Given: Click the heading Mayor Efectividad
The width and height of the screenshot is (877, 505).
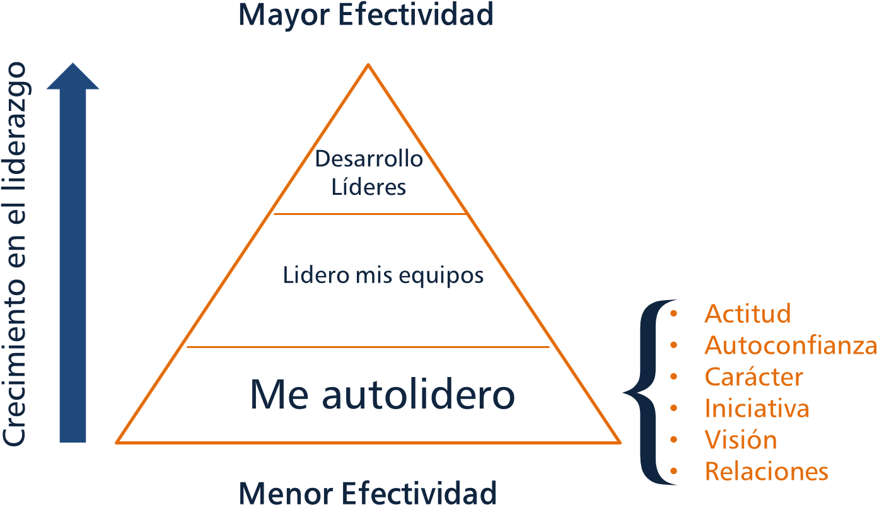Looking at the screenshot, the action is coord(365,15).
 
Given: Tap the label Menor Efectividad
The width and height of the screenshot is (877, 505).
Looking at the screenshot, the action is coord(368,492).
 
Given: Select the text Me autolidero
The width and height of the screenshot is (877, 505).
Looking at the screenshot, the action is coord(382,395).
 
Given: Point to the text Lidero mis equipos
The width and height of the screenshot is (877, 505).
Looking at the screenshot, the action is coord(383,276).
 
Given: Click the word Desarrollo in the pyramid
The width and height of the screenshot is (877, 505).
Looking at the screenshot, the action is coord(369,159).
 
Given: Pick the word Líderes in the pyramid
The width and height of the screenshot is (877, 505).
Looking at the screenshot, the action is coord(369,187).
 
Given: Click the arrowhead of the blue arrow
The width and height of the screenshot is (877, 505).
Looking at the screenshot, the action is coord(73,77).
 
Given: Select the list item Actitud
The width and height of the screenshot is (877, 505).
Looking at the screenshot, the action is coord(747,313).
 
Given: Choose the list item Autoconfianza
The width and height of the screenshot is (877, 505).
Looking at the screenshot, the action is coord(790,345).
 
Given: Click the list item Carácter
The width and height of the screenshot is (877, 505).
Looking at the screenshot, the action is coord(753,376).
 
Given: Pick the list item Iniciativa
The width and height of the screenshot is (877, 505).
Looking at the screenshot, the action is coord(757,408).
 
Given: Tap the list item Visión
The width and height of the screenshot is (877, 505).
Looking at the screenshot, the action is coord(740,439).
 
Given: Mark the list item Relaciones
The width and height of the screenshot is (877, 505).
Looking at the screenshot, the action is coord(766,471).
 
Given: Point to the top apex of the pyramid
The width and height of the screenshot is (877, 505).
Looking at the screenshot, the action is coord(368,66).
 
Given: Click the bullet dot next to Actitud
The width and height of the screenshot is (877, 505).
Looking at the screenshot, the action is coord(674,313).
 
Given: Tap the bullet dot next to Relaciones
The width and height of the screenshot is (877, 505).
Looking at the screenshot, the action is coord(674,471).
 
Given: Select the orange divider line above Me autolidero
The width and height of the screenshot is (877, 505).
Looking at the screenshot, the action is coord(368,347).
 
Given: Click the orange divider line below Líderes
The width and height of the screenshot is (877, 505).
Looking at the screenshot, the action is coord(369,214).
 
